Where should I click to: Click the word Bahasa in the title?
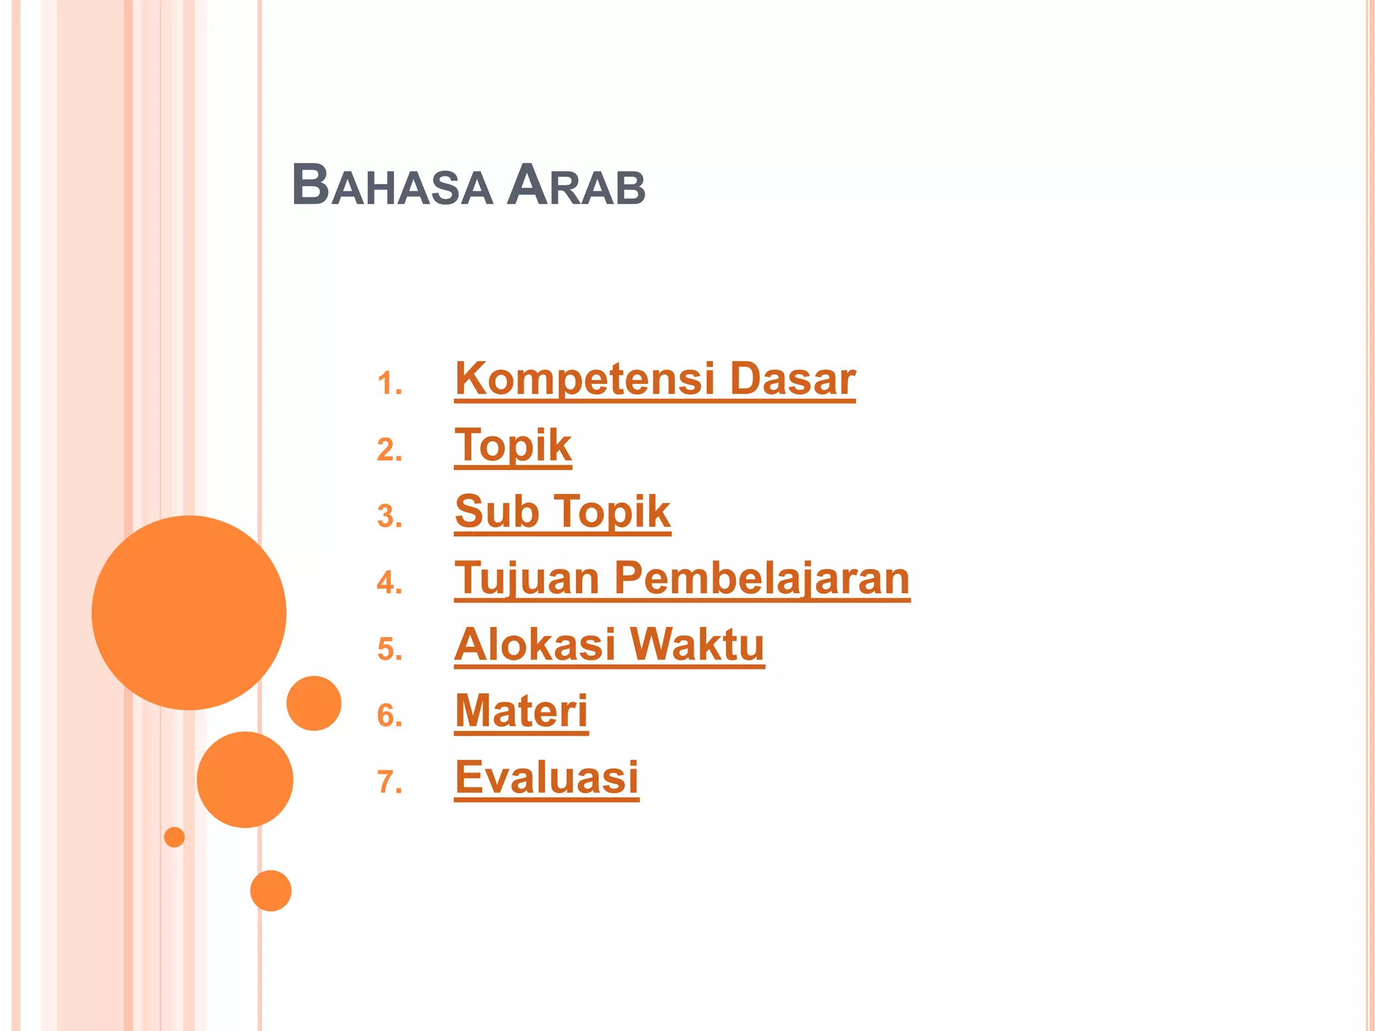point(391,185)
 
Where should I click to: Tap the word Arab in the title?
point(576,185)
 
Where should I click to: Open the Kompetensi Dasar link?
point(655,379)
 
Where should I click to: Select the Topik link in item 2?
point(513,446)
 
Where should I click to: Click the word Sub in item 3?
point(497,512)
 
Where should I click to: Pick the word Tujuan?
point(526,579)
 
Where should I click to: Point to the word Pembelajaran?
point(762,579)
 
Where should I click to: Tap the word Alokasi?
point(534,644)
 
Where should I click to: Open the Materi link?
point(521,711)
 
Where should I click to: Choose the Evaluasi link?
point(547,777)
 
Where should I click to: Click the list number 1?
point(389,385)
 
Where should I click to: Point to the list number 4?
point(389,583)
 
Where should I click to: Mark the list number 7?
point(389,783)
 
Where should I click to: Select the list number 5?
point(389,650)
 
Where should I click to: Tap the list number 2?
point(389,450)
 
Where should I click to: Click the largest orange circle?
point(189,612)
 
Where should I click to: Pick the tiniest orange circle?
point(174,837)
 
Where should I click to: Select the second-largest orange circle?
point(244,779)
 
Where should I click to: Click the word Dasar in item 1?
point(792,379)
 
